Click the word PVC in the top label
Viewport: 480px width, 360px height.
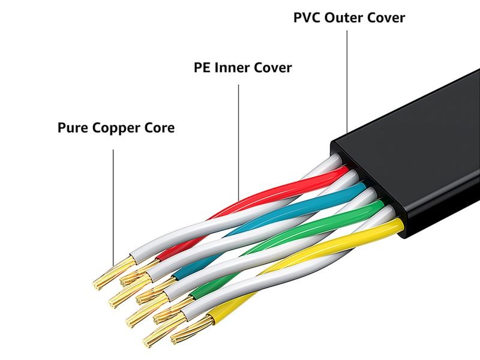point(307,17)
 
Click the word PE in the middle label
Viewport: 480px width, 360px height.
point(202,67)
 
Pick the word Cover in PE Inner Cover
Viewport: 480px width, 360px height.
point(272,67)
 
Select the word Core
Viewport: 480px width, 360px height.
point(158,128)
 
